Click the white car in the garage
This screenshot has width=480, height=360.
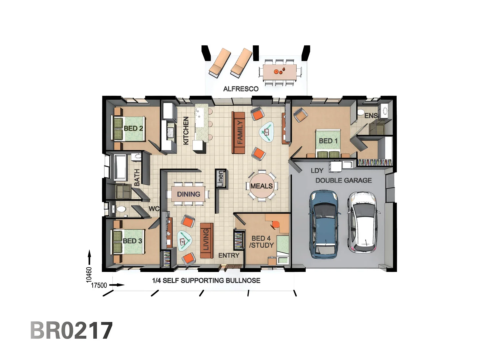pyautogui.click(x=363, y=222)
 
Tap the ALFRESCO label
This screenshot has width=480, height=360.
pyautogui.click(x=241, y=89)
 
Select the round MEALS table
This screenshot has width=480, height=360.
pyautogui.click(x=262, y=186)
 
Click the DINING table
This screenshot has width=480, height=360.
pyautogui.click(x=188, y=194)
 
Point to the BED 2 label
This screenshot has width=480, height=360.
pyautogui.click(x=133, y=128)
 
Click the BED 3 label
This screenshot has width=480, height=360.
pyautogui.click(x=132, y=241)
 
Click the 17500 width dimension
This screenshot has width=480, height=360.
pyautogui.click(x=99, y=285)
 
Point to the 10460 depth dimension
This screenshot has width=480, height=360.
pyautogui.click(x=89, y=274)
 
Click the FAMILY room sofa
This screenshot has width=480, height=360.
pyautogui.click(x=238, y=133)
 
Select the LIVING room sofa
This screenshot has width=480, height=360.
pyautogui.click(x=206, y=240)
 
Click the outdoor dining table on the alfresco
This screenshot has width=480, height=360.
pyautogui.click(x=280, y=72)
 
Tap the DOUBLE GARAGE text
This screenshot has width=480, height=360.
pyautogui.click(x=343, y=180)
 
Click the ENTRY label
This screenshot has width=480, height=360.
pyautogui.click(x=229, y=255)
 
